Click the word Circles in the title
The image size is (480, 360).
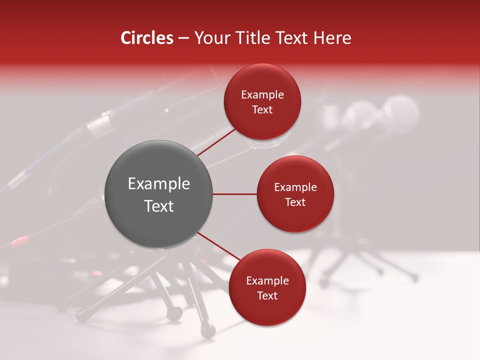pos(146,38)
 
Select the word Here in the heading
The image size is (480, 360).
pos(332,38)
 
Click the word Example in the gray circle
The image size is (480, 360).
pos(159,184)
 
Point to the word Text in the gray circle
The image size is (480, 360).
pos(159,206)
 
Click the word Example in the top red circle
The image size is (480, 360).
pos(262,95)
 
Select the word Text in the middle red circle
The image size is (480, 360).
pos(295,202)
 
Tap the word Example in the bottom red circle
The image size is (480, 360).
pos(267,281)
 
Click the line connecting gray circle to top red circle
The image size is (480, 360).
pos(216,142)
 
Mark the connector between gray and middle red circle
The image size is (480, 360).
pos(234,194)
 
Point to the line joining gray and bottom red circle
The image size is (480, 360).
pos(218,246)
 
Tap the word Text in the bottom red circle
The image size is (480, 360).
pos(267,295)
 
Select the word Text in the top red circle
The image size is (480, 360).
pos(262,110)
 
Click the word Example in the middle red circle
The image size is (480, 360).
pos(295,187)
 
